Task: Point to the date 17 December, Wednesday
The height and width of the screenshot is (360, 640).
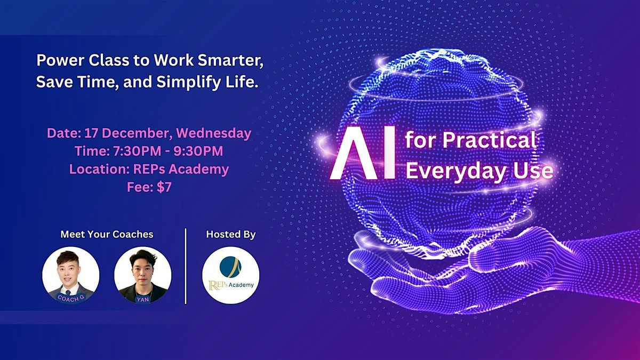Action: pyautogui.click(x=149, y=133)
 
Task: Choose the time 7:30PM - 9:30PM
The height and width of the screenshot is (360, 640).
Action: pyautogui.click(x=149, y=151)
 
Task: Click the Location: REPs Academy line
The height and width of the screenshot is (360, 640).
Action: pyautogui.click(x=149, y=170)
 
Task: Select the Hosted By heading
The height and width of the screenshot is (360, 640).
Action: pyautogui.click(x=230, y=234)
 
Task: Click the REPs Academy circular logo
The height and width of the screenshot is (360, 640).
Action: pyautogui.click(x=230, y=275)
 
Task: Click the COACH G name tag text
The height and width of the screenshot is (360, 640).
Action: pyautogui.click(x=70, y=297)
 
